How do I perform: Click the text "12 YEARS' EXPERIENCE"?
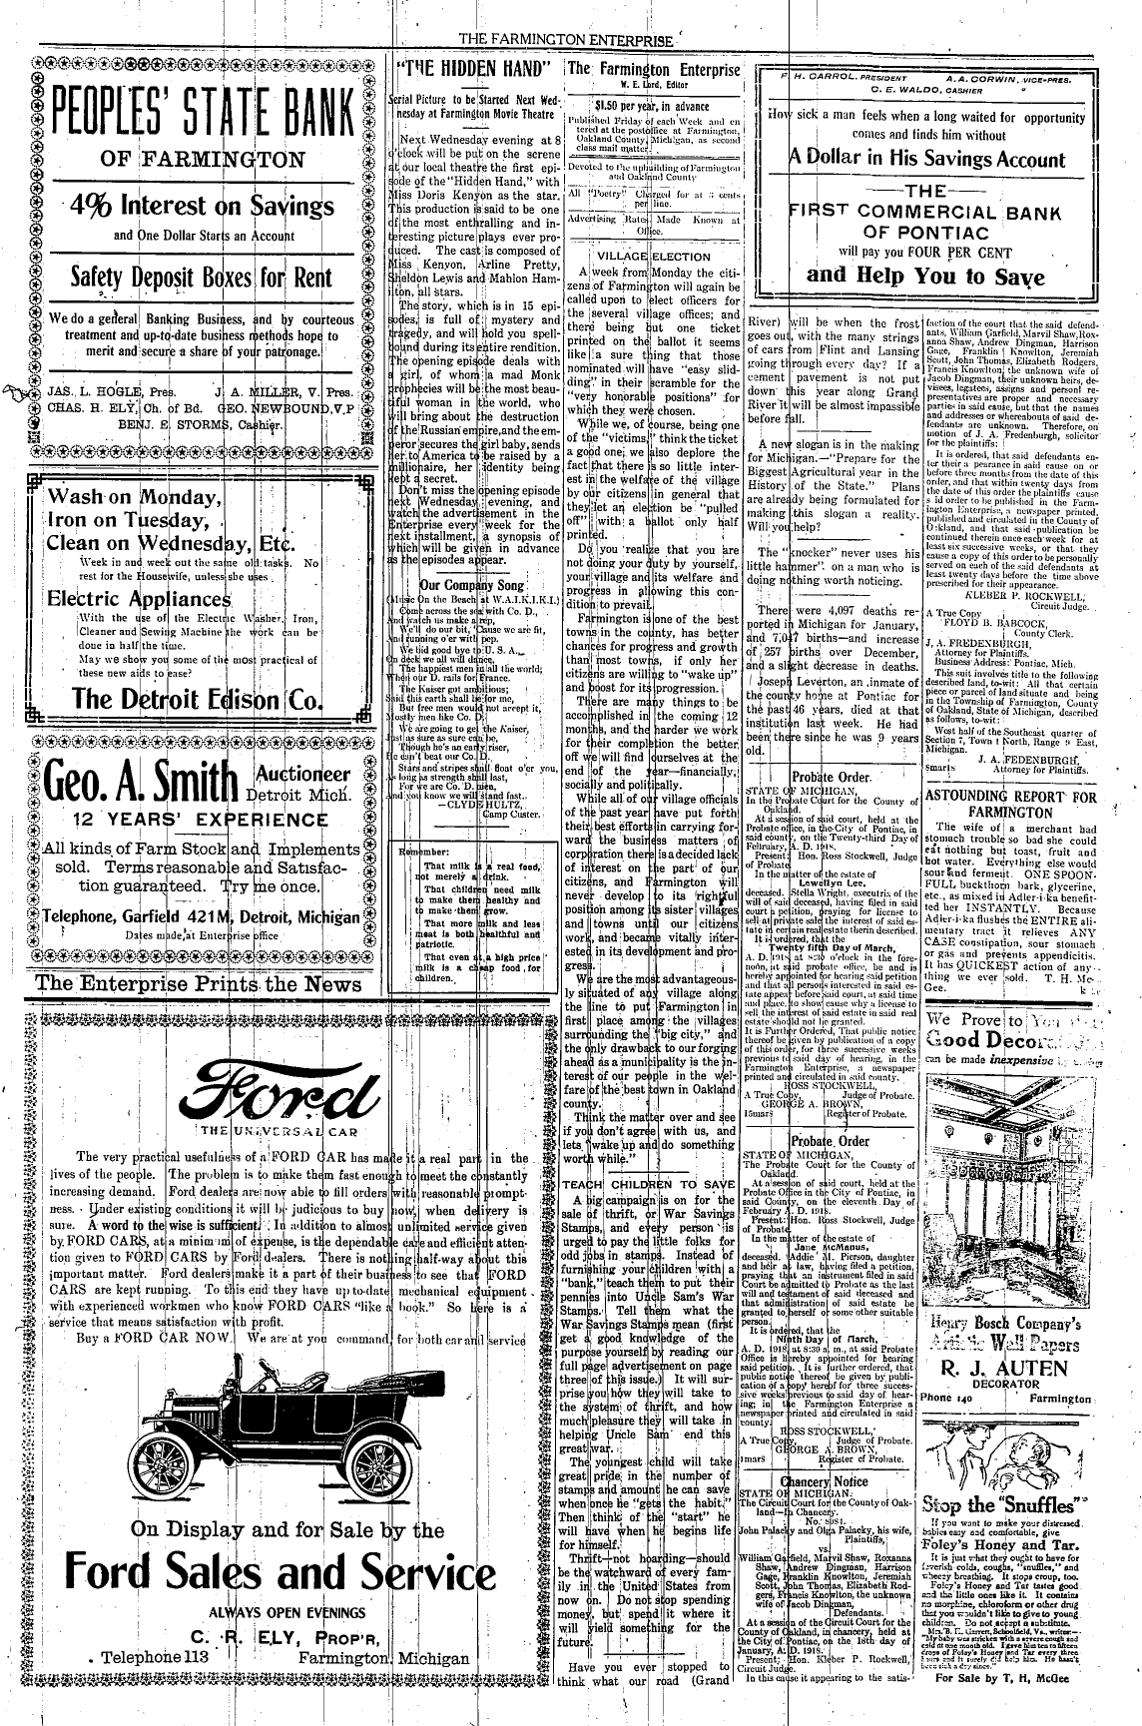click(x=183, y=820)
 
